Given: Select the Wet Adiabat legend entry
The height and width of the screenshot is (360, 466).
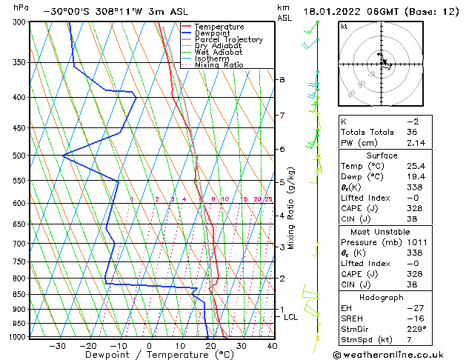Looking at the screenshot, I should [x=218, y=53].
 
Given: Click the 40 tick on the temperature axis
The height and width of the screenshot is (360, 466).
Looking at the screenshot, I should [x=272, y=346].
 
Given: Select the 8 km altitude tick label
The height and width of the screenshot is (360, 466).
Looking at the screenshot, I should [x=282, y=79].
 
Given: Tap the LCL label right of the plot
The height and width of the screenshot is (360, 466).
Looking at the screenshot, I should [x=291, y=317].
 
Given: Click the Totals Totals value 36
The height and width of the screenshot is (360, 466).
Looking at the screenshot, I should [x=413, y=132].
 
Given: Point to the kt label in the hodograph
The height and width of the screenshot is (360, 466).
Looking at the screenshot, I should [x=344, y=27].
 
